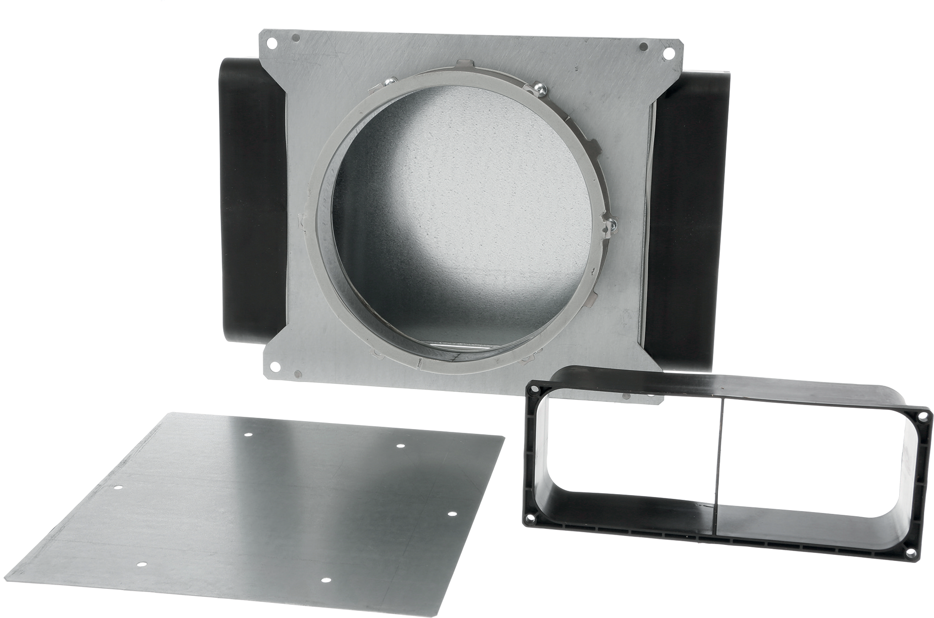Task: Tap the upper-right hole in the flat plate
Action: coord(400,445)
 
